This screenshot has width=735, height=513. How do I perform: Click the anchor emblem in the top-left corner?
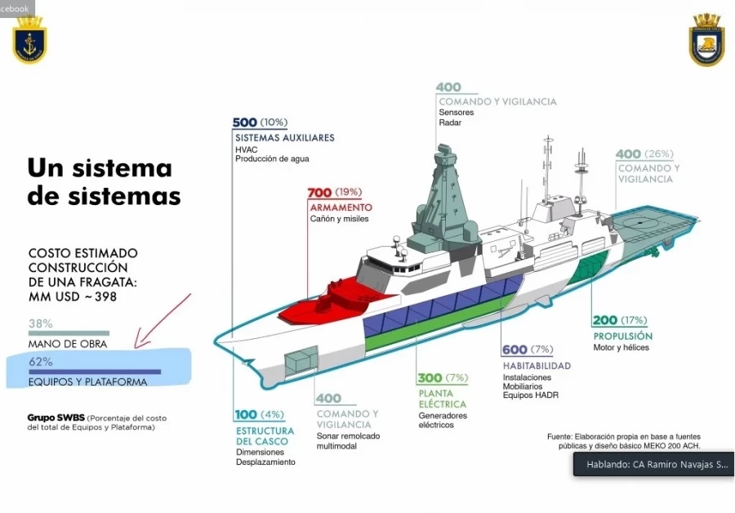coord(29,40)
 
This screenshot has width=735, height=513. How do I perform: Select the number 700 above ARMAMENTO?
coord(319,193)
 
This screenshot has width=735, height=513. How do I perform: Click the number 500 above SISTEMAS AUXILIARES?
coord(245,123)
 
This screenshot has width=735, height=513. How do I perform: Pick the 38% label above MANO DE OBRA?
coord(41,323)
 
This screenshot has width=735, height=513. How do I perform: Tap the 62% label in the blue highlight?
coord(41,361)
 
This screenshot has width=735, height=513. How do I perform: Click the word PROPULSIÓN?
coord(622,336)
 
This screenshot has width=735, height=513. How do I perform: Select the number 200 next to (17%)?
coord(605,320)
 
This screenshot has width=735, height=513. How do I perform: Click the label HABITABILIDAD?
coord(537,365)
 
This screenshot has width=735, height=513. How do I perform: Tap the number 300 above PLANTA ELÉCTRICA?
coord(430,378)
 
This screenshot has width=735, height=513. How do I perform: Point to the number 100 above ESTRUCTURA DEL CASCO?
coord(246,415)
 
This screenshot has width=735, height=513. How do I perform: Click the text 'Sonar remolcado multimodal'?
coord(348,441)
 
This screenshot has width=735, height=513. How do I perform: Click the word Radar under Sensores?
coord(450,123)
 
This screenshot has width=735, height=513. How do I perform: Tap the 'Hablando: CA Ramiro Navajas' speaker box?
coord(653,465)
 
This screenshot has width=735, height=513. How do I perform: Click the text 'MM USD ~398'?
coord(73,297)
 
